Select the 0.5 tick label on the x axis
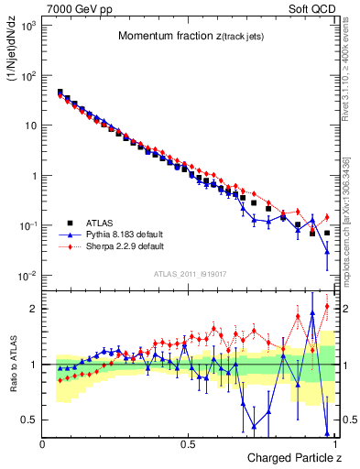[188, 443]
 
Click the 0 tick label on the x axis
[43, 443]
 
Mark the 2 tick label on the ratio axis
[33, 309]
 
